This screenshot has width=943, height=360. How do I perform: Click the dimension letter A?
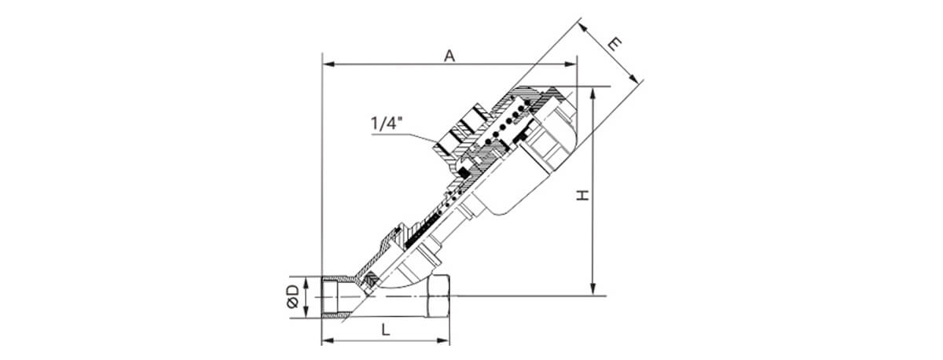click(x=449, y=55)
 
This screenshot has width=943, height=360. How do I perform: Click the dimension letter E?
click(x=618, y=43)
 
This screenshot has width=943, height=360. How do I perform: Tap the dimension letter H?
click(x=582, y=194)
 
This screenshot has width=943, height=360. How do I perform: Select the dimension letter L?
click(x=385, y=332)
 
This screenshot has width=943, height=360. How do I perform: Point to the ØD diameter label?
click(x=292, y=297)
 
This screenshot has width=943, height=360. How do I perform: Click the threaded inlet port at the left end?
click(x=336, y=297)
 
